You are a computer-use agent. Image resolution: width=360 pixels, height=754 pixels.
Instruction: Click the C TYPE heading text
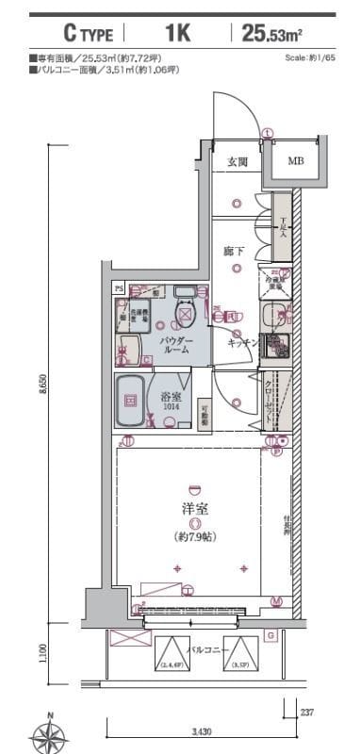[x=88, y=35]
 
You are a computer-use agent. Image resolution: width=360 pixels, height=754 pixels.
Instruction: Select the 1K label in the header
[x=177, y=35]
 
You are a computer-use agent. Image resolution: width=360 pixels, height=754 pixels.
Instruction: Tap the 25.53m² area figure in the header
[x=271, y=35]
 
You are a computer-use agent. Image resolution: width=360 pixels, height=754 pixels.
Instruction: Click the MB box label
[x=296, y=161]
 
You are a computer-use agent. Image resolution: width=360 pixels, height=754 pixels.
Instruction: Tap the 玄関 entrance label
[x=237, y=162]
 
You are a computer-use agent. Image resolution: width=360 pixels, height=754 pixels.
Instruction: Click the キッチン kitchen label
[x=242, y=344]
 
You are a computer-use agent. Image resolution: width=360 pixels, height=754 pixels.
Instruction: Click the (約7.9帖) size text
[x=195, y=538]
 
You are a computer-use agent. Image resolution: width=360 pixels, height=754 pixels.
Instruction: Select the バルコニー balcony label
[x=206, y=650]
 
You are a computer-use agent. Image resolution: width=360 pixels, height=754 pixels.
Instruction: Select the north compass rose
[x=48, y=734]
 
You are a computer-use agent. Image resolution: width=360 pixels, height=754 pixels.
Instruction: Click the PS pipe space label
[x=120, y=287]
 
